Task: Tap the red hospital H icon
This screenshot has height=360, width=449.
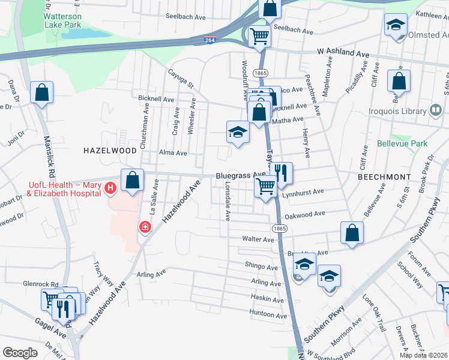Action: click(x=110, y=188)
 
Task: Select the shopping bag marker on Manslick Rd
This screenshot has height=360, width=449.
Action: click(x=41, y=93)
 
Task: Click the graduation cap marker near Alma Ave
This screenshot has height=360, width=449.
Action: click(x=238, y=132)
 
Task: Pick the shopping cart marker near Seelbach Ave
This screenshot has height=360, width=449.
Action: click(x=260, y=35)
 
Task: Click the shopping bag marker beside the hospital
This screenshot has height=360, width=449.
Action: click(x=132, y=181)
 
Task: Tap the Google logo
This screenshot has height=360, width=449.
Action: click(x=20, y=353)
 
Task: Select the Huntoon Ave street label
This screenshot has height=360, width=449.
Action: click(x=267, y=313)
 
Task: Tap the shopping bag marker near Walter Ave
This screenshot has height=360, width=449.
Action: click(x=352, y=233)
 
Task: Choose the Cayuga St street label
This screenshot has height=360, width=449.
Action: click(x=181, y=82)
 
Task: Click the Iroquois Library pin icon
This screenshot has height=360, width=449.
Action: click(x=436, y=110)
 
